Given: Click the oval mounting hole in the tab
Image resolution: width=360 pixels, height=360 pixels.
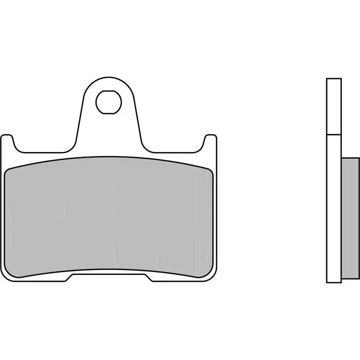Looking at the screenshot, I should (108, 101).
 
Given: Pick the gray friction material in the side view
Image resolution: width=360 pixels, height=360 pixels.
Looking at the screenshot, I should (350, 219).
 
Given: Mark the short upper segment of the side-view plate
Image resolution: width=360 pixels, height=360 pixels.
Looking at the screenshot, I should (334, 106).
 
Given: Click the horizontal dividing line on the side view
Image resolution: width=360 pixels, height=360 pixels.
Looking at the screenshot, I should (334, 134).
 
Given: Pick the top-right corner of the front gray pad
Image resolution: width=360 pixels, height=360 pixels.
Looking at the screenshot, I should (210, 170).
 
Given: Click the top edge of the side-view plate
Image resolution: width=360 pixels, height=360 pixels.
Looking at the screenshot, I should (334, 79).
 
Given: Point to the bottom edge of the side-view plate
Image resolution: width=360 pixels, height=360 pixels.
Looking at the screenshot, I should (334, 283).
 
